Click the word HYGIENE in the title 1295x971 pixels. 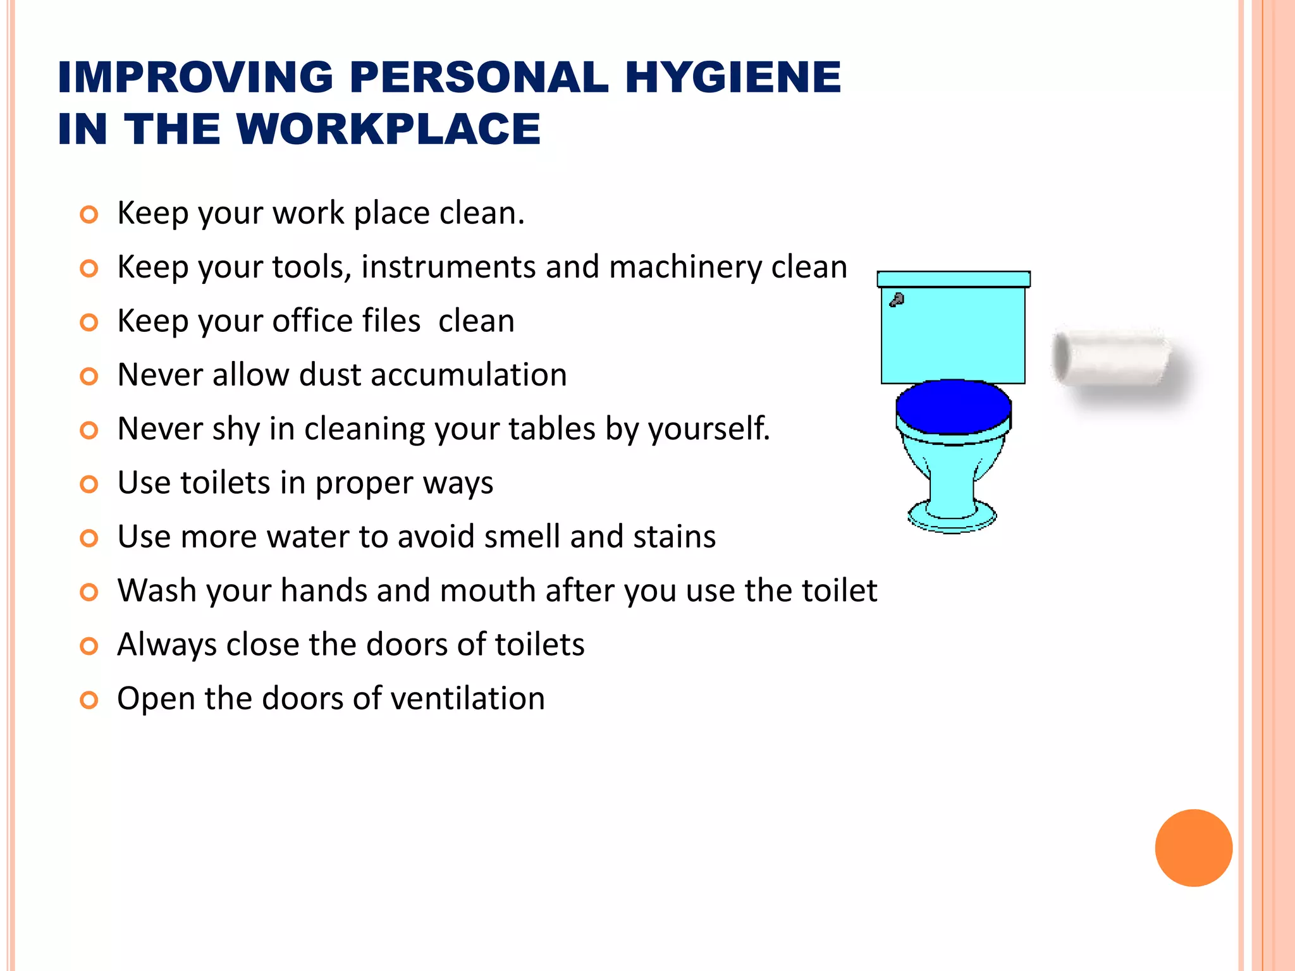(733, 77)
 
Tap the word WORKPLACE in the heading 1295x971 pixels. (388, 129)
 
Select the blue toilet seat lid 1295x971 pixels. (953, 406)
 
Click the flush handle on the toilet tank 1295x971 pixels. (897, 300)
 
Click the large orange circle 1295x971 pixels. (1193, 848)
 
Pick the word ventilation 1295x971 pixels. (467, 699)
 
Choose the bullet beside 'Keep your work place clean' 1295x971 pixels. (89, 215)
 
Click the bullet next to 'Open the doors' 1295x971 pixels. (89, 700)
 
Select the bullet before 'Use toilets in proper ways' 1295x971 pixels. (89, 485)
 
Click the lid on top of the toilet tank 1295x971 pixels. (953, 279)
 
